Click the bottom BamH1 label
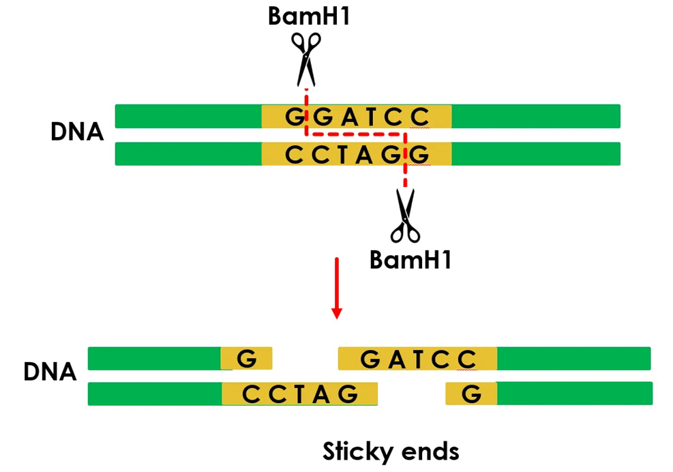(410, 259)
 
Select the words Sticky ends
(391, 451)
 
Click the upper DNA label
(76, 131)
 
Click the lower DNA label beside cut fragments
(49, 372)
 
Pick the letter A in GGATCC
(348, 117)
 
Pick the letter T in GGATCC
(371, 117)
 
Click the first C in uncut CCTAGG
(293, 155)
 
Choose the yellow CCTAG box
(299, 394)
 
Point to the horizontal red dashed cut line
(355, 134)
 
